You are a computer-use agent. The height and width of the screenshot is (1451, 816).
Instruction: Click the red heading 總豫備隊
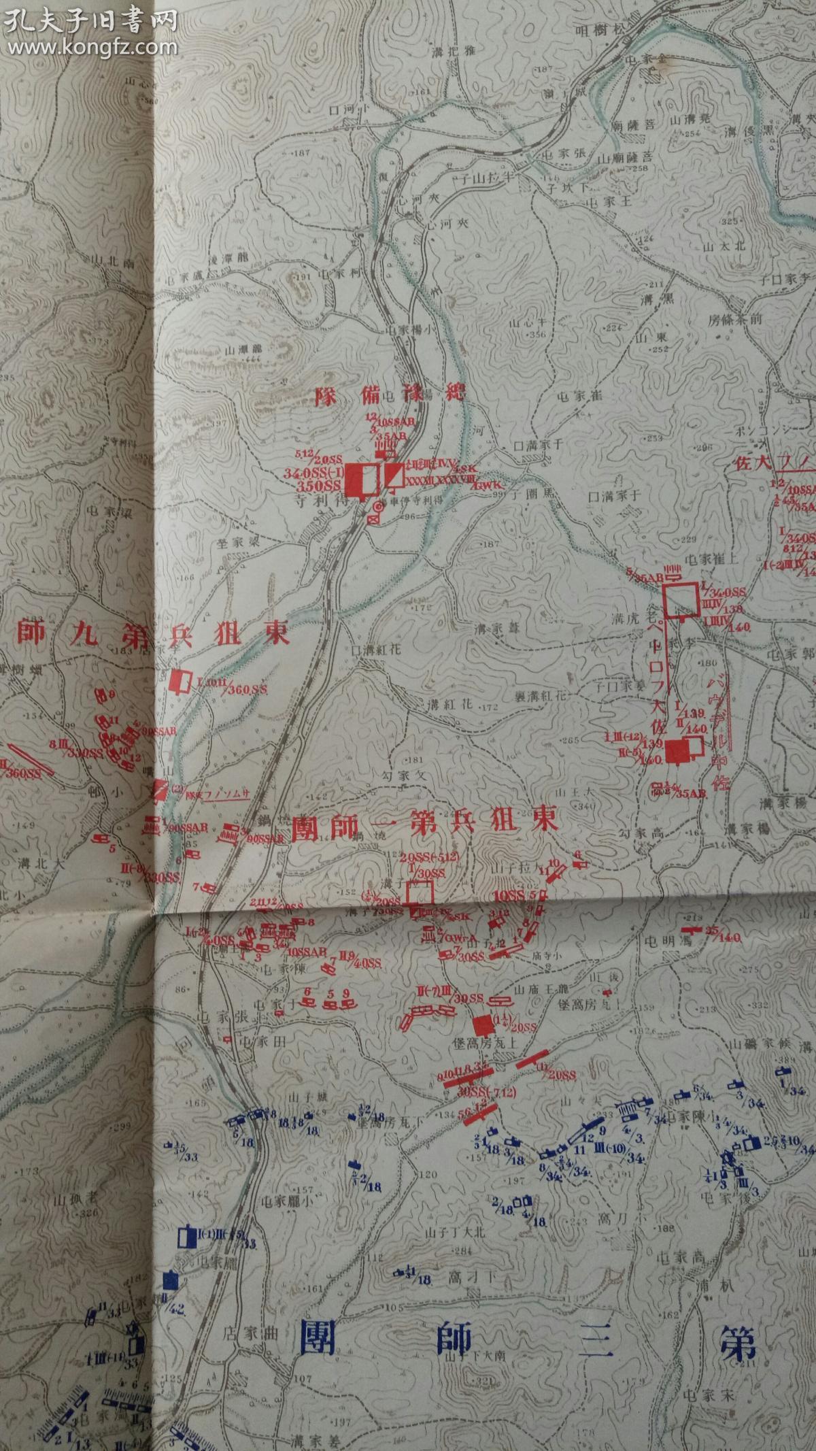tap(390, 396)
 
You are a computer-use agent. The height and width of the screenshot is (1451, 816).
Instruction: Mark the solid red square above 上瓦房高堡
tap(483, 1024)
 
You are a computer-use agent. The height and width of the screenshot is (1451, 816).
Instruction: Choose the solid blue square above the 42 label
tap(170, 1281)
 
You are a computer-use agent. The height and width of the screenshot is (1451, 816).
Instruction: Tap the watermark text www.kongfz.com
tap(109, 46)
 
